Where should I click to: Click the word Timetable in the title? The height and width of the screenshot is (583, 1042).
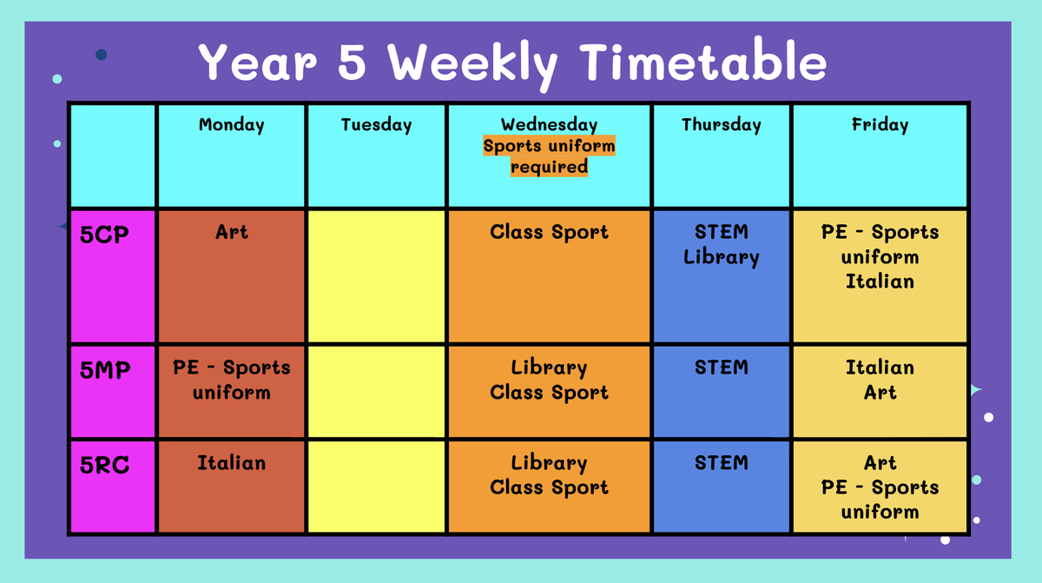point(702,61)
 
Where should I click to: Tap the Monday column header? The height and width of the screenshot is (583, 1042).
point(232,125)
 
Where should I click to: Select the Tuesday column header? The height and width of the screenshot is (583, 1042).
point(376,125)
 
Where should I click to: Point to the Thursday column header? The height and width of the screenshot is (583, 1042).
point(722,125)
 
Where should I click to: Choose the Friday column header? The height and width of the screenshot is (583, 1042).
point(880,125)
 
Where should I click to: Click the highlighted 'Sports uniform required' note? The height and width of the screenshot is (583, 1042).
point(549,156)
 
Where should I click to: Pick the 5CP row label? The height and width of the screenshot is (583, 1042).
point(104,234)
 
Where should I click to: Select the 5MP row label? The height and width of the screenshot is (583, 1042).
point(105,370)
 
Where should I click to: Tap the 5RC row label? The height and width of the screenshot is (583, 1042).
point(104,465)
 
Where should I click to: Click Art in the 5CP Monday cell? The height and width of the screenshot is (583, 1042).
point(232,232)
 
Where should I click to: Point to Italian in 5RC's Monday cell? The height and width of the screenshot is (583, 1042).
point(232,463)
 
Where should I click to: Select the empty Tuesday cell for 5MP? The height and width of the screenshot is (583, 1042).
point(376,391)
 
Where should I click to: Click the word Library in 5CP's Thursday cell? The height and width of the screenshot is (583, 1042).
point(722,257)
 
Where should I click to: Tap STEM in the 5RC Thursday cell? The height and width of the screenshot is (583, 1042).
point(722,463)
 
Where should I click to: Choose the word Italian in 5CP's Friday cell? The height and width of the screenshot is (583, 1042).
point(880,282)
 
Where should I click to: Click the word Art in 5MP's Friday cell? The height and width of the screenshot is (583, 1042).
point(880,392)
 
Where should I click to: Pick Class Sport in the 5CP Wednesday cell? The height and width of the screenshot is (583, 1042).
point(549,232)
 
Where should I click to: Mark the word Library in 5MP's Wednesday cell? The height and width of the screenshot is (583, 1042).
point(549,368)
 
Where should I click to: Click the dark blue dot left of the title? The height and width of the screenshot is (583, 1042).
point(102,55)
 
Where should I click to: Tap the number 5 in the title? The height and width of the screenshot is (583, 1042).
point(352,62)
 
